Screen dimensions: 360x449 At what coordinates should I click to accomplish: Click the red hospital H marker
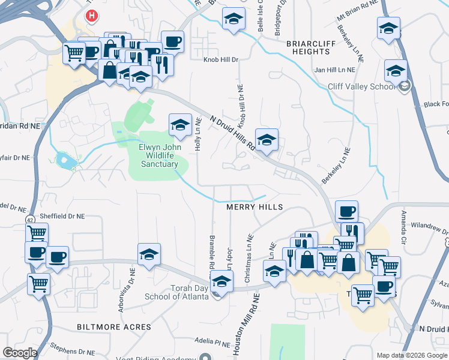pos(91,16)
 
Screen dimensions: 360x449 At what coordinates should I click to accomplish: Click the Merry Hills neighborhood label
pos(254,206)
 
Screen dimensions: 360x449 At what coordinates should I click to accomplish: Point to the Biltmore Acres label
pos(114,326)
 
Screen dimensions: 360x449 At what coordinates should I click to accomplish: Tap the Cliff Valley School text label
pos(362,86)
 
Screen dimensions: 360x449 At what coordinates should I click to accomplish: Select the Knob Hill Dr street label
pos(221,60)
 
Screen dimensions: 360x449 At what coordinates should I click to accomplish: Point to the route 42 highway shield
pos(29,220)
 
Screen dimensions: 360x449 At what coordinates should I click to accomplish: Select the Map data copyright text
pos(412,355)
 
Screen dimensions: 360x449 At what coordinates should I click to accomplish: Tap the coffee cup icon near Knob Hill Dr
pos(172,41)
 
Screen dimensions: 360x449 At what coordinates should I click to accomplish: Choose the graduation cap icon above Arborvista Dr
pos(149,254)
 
